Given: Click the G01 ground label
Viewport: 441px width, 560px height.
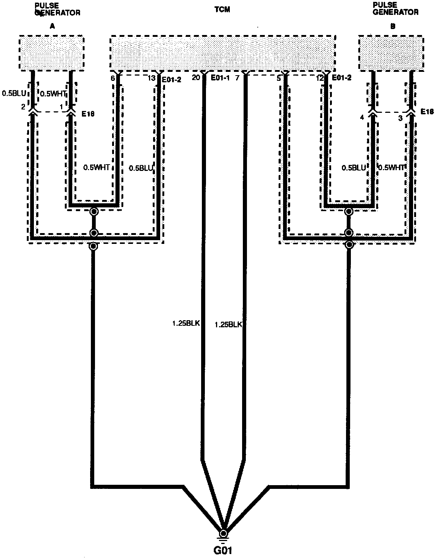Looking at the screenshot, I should (x=223, y=550).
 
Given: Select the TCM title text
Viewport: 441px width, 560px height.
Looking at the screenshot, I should (x=222, y=9).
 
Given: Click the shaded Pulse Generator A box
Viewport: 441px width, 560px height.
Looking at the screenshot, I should (x=51, y=53).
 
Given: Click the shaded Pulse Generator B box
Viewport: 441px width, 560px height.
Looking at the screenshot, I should (x=391, y=53).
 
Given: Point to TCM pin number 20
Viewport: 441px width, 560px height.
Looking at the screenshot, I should (x=196, y=78).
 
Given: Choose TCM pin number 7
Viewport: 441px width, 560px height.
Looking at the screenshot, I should (x=237, y=78).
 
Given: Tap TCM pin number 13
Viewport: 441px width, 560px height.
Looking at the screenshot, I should (x=151, y=79).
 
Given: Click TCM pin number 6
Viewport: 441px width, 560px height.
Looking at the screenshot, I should (x=112, y=79).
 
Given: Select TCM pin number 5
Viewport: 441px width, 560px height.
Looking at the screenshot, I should (x=279, y=79).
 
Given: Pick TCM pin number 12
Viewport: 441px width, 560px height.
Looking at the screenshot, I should (x=320, y=79).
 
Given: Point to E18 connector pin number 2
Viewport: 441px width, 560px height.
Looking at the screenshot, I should (x=23, y=107).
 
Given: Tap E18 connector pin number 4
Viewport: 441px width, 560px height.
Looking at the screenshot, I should (x=361, y=118).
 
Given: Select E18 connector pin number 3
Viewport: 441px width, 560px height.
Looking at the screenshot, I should (x=400, y=118).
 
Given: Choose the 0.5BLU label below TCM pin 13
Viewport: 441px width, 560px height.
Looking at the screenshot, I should (x=141, y=168).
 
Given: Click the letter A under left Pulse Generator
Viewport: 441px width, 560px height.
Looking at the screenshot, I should (x=52, y=26).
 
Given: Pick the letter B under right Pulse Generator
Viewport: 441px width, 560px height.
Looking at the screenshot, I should (x=393, y=26).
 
